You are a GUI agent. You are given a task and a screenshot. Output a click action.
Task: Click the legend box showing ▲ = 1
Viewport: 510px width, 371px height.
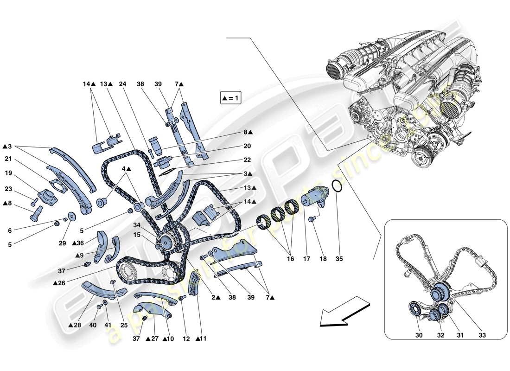230,98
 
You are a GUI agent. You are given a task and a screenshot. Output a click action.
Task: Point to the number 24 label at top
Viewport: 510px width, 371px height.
122,84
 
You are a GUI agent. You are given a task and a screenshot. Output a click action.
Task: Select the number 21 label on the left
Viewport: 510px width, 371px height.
8,159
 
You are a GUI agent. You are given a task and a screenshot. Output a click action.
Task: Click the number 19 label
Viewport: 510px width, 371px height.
8,174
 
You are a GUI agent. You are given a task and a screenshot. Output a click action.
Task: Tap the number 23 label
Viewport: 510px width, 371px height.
8,189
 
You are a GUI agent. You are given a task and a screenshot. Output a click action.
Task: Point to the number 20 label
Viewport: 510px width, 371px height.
246,146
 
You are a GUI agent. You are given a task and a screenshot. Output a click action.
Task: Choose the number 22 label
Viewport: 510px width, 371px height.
246,160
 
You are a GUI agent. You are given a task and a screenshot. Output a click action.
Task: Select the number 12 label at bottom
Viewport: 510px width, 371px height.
186,339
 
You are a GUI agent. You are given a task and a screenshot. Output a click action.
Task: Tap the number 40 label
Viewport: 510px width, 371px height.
93,325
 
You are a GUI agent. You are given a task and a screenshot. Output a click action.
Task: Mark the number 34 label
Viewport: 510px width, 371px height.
137,225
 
